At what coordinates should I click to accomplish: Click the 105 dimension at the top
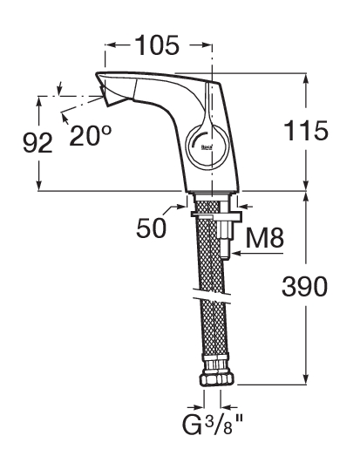point(158,45)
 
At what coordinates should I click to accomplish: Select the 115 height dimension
point(306,131)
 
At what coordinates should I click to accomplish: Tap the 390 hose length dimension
point(305,286)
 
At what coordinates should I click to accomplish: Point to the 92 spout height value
point(37,142)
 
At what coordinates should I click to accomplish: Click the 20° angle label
point(91,135)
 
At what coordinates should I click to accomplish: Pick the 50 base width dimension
point(151,228)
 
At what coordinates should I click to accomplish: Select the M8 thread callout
point(265,238)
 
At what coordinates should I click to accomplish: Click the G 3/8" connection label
point(212,425)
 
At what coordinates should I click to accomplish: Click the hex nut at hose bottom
point(217,379)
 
